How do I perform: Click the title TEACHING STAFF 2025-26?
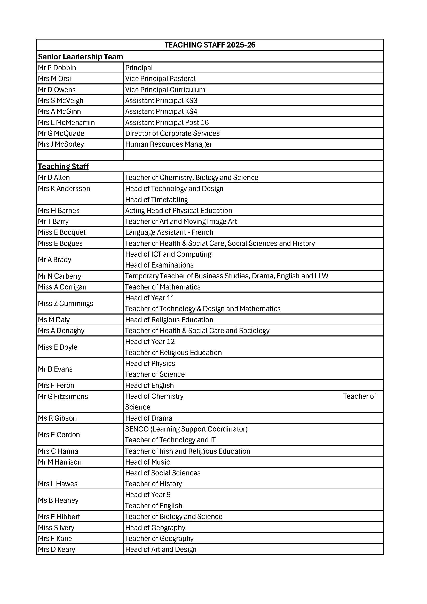(210, 45)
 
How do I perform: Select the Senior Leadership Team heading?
(81, 57)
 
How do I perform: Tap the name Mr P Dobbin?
(57, 68)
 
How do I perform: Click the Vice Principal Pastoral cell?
(160, 79)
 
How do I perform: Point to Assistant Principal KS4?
(161, 112)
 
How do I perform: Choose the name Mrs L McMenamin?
(66, 123)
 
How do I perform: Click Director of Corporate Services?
(172, 133)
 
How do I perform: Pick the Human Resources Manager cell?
(169, 144)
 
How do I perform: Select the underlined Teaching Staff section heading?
(63, 167)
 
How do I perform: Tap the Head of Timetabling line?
(156, 200)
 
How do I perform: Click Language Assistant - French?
(169, 232)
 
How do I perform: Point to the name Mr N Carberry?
(60, 276)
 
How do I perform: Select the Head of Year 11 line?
(150, 298)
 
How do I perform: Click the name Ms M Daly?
(54, 320)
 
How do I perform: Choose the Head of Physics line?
(150, 363)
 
